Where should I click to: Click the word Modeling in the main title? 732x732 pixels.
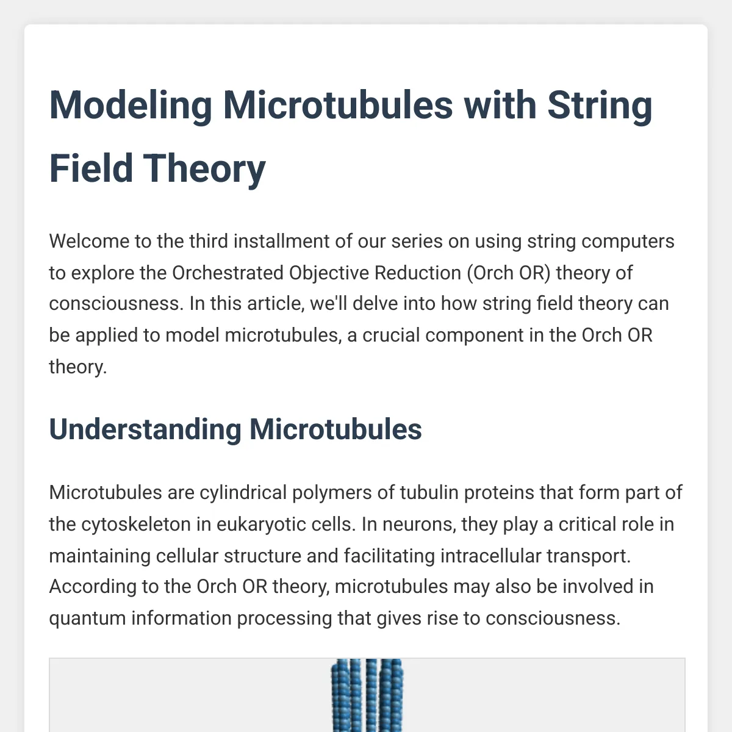[x=131, y=106]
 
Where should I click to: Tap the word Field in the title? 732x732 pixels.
[x=91, y=168]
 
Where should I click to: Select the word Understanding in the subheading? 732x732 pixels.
[x=145, y=429]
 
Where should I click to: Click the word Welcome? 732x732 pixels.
[x=89, y=242]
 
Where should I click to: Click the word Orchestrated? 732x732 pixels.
[x=228, y=273]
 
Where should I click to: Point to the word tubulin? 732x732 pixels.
[x=429, y=493]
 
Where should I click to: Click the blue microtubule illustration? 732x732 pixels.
[x=367, y=695]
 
